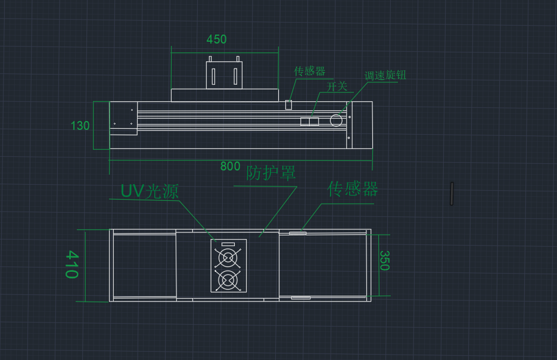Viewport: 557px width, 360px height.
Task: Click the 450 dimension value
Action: [x=216, y=39]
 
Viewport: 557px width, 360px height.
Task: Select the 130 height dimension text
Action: [x=80, y=126]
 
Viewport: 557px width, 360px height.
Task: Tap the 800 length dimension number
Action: [x=230, y=166]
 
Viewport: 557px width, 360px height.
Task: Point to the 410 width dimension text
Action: [x=71, y=265]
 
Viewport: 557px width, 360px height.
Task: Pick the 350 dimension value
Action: [x=384, y=260]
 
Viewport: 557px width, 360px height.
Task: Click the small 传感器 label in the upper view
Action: [x=310, y=72]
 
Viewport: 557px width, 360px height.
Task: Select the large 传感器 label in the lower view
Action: [x=353, y=190]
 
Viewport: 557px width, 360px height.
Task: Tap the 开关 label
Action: [x=337, y=86]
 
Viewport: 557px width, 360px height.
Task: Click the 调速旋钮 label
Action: [x=385, y=76]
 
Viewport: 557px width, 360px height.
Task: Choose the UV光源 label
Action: [x=150, y=191]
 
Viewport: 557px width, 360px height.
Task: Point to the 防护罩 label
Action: [x=271, y=173]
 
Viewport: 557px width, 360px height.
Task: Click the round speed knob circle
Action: [x=336, y=121]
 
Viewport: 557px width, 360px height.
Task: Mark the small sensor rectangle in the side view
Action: [x=289, y=105]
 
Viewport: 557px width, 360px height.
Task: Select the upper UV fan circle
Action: [x=228, y=258]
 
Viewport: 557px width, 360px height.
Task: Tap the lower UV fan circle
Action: [x=228, y=280]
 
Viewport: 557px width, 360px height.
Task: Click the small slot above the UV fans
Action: [x=228, y=244]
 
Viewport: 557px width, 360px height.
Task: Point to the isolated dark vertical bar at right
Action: [x=452, y=194]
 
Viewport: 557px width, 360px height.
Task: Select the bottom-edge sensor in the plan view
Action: [x=300, y=297]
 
